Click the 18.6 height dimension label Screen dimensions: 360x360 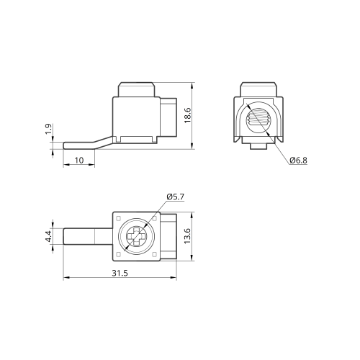coord(187,115)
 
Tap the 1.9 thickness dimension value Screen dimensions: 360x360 coord(48,129)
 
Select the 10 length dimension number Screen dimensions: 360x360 coord(79,160)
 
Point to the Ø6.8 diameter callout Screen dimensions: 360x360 coord(298,161)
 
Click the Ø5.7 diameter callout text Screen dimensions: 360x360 coord(176,197)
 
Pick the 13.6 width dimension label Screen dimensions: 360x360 coord(187,236)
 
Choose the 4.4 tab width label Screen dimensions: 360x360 coord(48,236)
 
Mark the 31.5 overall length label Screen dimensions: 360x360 coord(120,273)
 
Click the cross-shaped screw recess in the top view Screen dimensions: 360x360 coord(136,237)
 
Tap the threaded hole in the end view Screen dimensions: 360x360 coord(258,118)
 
